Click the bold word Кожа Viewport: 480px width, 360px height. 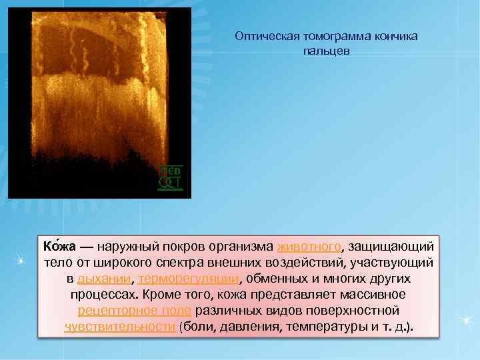[58, 246]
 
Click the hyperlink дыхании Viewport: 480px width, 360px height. [100, 278]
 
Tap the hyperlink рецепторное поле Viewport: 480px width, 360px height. [135, 310]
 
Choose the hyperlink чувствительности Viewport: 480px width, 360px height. [120, 327]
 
